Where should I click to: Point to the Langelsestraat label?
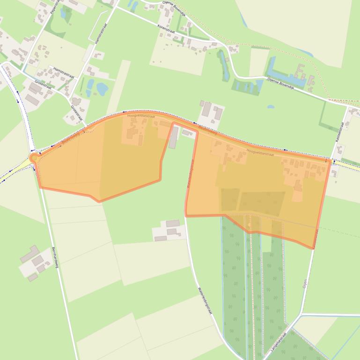pos(278,342)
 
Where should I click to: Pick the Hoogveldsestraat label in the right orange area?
pos(259,152)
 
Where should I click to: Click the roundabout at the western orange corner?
pos(34,158)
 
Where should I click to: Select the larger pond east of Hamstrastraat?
pos(102,87)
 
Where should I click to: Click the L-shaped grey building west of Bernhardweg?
pos(31,253)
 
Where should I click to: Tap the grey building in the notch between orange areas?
pos(173,137)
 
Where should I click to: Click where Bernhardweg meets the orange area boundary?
pos(39,187)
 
